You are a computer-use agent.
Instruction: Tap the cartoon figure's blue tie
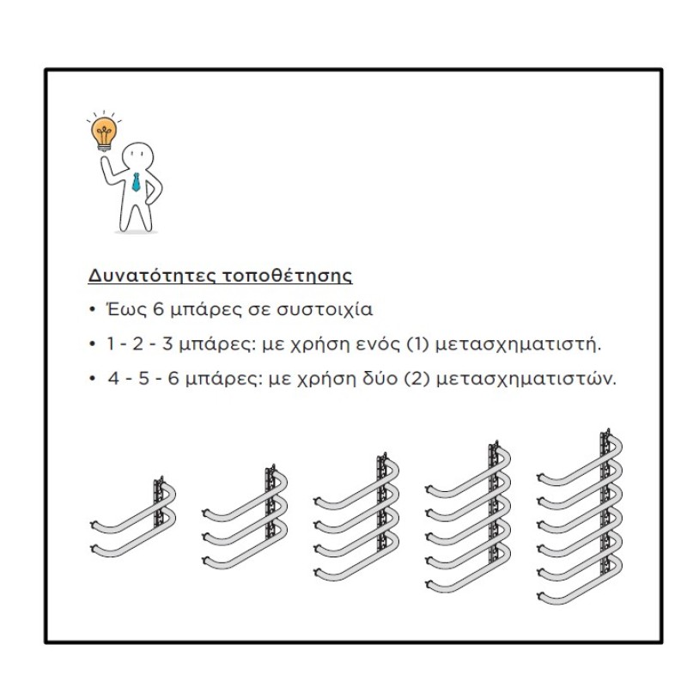pyautogui.click(x=137, y=182)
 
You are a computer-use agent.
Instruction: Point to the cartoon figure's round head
pyautogui.click(x=137, y=156)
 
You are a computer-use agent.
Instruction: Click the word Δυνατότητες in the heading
pyautogui.click(x=153, y=276)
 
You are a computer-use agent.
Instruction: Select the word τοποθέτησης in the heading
pyautogui.click(x=288, y=276)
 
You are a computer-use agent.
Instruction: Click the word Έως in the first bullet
pyautogui.click(x=126, y=309)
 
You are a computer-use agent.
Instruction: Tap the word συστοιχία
pyautogui.click(x=325, y=310)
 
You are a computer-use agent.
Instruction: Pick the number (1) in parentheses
pyautogui.click(x=417, y=344)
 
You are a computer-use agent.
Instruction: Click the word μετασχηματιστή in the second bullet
pyautogui.click(x=518, y=345)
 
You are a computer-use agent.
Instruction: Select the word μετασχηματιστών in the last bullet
pyautogui.click(x=526, y=379)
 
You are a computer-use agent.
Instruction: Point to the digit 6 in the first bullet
pyautogui.click(x=158, y=309)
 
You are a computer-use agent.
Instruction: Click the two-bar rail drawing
pyautogui.click(x=133, y=517)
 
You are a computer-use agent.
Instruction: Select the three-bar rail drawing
pyautogui.click(x=245, y=517)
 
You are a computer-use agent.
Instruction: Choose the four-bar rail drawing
pyautogui.click(x=356, y=517)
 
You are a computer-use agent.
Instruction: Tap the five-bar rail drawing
pyautogui.click(x=468, y=517)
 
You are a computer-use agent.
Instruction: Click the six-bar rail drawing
pyautogui.click(x=580, y=517)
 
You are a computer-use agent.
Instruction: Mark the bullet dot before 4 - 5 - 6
pyautogui.click(x=92, y=379)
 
